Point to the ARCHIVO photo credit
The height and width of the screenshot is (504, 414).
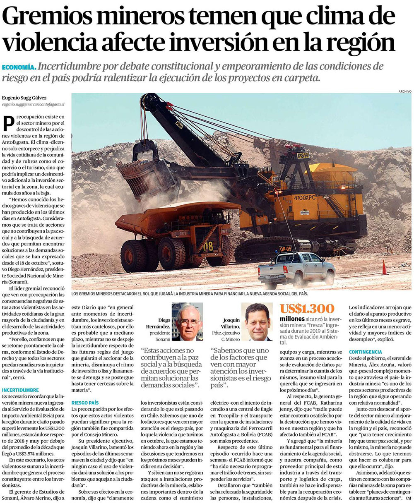404,91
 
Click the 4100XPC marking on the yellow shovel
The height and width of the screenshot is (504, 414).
305,198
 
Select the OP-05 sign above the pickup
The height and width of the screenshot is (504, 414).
285,249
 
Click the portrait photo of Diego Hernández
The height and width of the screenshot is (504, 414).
187,322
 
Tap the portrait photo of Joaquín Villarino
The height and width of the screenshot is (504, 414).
258,322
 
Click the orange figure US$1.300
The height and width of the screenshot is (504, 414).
307,309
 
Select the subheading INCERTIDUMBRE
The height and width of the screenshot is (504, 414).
20,390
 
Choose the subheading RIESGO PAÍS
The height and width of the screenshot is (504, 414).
85,402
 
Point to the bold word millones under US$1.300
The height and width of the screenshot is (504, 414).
292,319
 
